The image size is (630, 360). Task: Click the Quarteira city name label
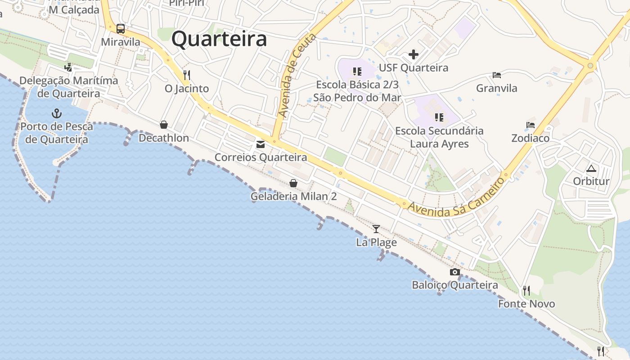pos(219,39)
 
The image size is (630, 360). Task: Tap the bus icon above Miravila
pos(121,29)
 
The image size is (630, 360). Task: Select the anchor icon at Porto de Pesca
pos(57,113)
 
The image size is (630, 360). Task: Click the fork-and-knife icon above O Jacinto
pos(187,75)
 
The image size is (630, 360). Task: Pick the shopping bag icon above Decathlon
pos(164,125)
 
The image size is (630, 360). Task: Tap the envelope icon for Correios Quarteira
pos(261,144)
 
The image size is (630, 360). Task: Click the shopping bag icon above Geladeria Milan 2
pos(293,183)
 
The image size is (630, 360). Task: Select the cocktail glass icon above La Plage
pos(376,229)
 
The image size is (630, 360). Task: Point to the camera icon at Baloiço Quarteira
pos(455,272)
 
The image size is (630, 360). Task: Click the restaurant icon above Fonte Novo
pos(526,291)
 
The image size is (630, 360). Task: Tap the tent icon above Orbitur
pos(591,169)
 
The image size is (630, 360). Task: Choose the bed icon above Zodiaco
pos(531,125)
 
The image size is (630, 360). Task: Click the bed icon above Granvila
pos(497,75)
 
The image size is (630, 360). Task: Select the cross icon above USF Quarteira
pos(414,55)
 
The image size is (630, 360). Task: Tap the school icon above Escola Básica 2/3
pos(357,72)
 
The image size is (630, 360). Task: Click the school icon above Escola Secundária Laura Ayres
pos(439,117)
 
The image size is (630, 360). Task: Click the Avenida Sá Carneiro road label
pos(456,198)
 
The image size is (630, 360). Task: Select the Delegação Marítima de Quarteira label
pos(69,87)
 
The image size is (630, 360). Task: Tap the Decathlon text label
pos(164,138)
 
